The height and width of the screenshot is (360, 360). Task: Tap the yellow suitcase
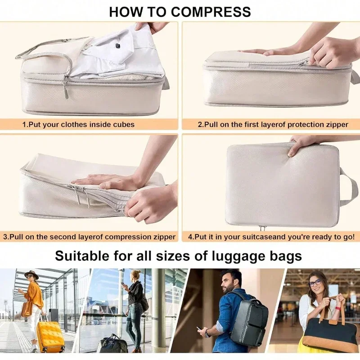pyautogui.click(x=50, y=336)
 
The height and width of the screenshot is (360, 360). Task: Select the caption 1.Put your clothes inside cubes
pyautogui.click(x=78, y=124)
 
